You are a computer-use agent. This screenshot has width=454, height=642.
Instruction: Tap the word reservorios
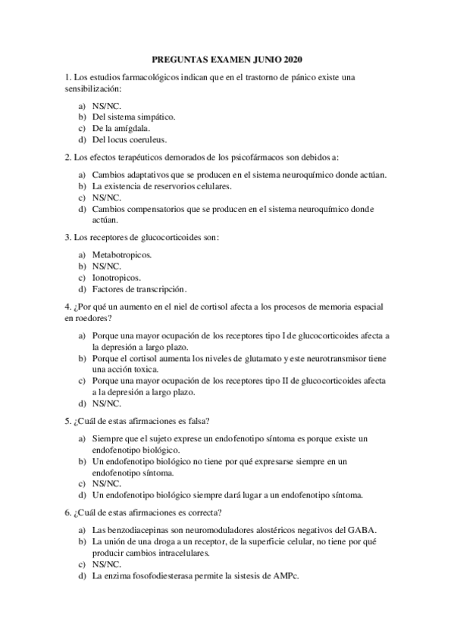(x=167, y=185)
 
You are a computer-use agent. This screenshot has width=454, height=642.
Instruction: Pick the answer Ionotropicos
(x=116, y=278)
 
